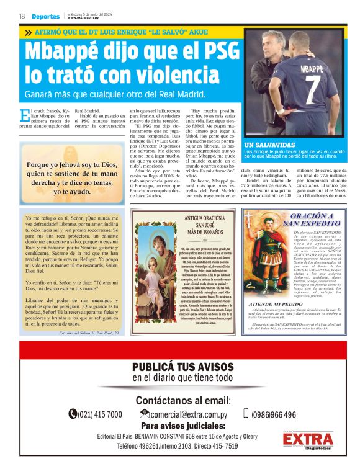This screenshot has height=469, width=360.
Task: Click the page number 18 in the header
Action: click(x=22, y=16)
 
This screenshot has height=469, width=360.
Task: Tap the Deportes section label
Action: click(x=46, y=16)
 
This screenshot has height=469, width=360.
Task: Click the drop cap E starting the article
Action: click(x=24, y=116)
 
